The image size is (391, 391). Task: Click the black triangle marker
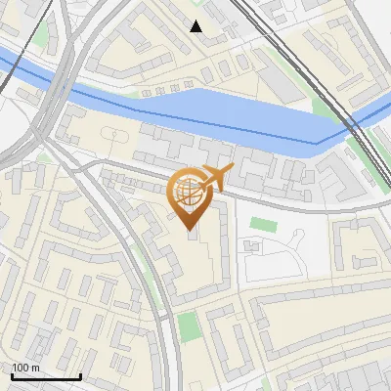pos(196,26)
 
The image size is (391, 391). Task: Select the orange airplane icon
pos(215,178)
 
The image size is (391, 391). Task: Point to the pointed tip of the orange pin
pos(190,231)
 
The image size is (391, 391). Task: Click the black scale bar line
pos(45,376)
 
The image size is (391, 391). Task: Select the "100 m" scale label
pos(25,368)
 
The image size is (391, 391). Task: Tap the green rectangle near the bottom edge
pos(190,327)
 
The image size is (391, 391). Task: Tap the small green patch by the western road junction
pos(45,157)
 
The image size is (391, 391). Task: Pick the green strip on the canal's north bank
pos(323,108)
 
